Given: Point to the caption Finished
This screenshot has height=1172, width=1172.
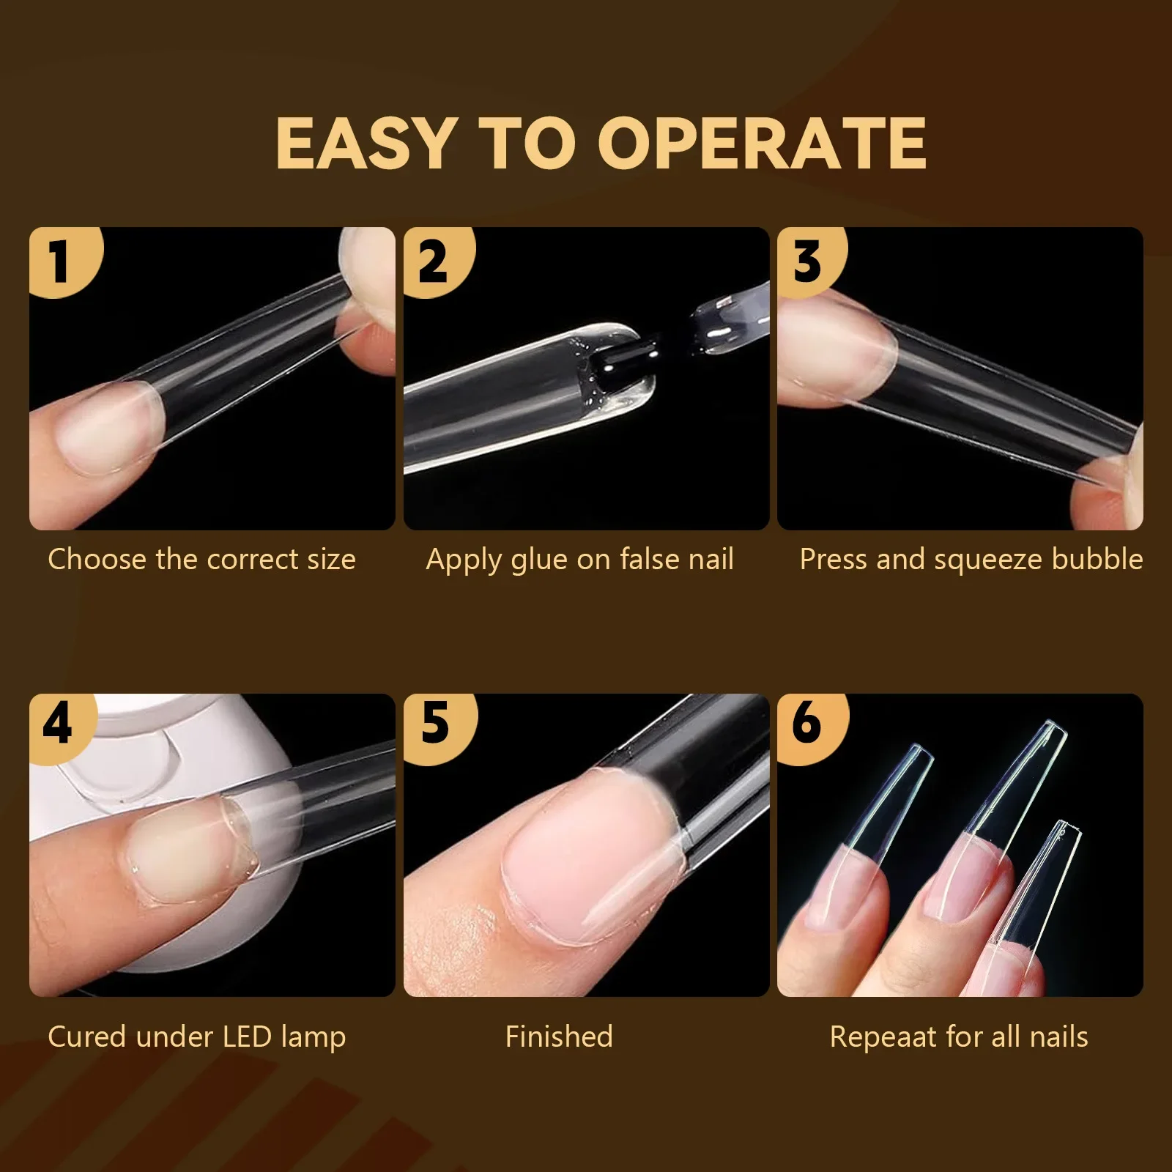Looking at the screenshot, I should point(559,1037).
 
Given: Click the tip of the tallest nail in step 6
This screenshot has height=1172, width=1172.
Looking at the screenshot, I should point(1051,729).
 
